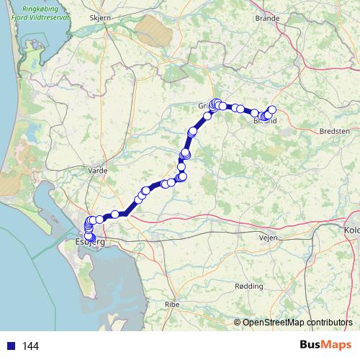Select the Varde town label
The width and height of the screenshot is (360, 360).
tap(97, 171)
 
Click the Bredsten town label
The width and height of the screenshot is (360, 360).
tap(333, 132)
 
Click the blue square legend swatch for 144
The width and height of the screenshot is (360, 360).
tap(11, 346)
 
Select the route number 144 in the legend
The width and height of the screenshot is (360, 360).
tap(30, 346)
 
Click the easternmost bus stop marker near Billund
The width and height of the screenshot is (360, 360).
tap(272, 109)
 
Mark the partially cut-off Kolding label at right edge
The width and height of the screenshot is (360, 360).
tap(353, 230)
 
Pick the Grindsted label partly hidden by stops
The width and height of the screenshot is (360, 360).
tap(204, 106)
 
